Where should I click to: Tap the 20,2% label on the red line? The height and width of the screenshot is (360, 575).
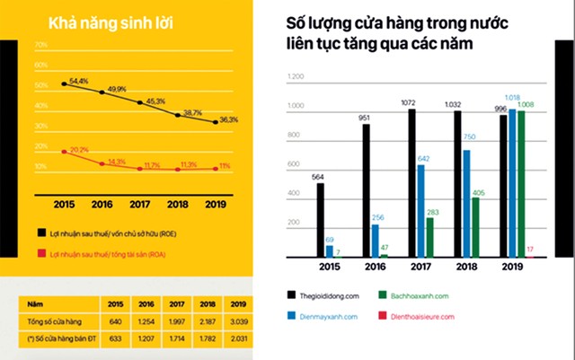pyautogui.click(x=79, y=149)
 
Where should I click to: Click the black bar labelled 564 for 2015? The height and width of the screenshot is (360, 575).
pyautogui.click(x=321, y=220)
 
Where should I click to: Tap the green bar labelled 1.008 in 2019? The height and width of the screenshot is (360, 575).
pyautogui.click(x=521, y=184)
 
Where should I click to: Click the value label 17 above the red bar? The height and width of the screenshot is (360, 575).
pyautogui.click(x=530, y=249)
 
